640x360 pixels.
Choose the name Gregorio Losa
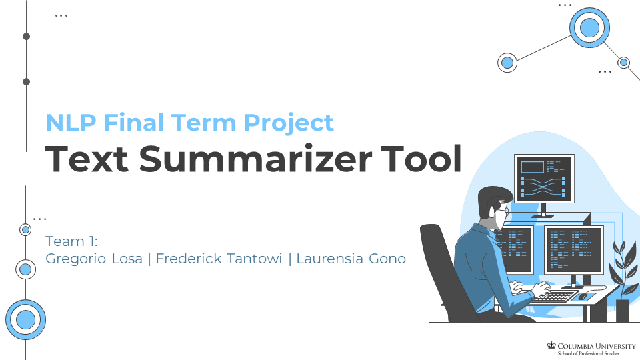click(x=94, y=259)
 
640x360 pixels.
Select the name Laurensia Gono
click(x=351, y=259)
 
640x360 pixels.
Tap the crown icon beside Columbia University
click(x=551, y=345)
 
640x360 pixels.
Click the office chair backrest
click(x=440, y=267)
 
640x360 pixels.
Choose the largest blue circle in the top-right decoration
click(x=589, y=27)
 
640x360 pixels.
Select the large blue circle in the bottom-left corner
click(x=25, y=319)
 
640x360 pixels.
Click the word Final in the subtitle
click(x=134, y=123)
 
